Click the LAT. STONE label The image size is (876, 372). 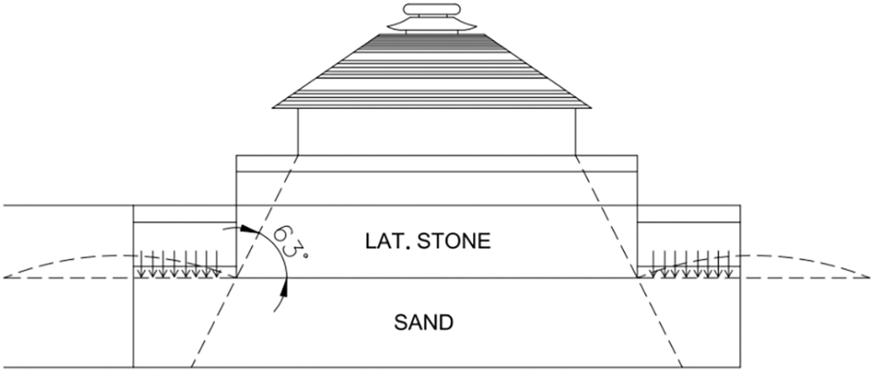coord(429,241)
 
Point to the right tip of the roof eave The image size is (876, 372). coord(589,106)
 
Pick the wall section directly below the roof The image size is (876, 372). coord(436,132)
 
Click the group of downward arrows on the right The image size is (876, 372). coord(691,263)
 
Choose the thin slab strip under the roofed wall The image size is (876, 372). coord(437,163)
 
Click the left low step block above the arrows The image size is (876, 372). coord(185,213)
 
